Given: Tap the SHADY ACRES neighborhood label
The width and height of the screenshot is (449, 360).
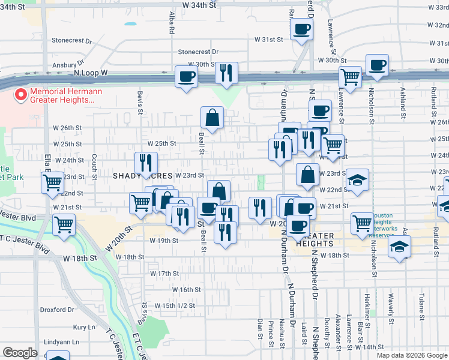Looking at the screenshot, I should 143,175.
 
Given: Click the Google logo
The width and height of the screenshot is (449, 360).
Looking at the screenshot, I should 20,353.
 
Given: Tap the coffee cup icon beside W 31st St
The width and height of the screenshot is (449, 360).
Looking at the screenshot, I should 301,30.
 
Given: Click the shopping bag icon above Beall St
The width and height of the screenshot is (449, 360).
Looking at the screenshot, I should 212,119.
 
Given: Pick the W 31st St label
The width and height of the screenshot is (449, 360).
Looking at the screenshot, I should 268,40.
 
